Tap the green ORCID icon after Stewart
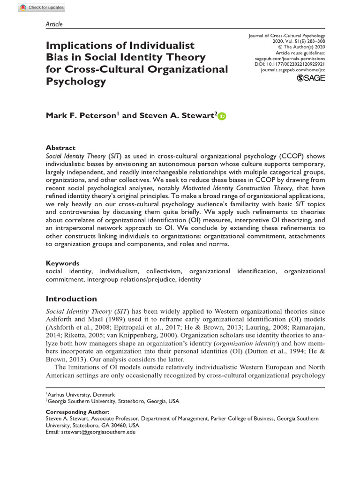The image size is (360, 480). pyautogui.click(x=222, y=117)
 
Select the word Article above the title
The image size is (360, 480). pyautogui.click(x=54, y=24)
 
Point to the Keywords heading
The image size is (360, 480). pyautogui.click(x=62, y=263)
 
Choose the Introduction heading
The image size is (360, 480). pyautogui.click(x=71, y=299)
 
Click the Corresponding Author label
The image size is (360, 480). pyautogui.click(x=75, y=411)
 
